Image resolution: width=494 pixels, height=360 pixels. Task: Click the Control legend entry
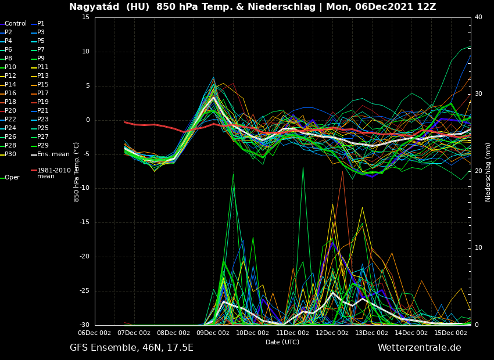16,24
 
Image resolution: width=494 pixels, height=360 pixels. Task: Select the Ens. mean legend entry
53,154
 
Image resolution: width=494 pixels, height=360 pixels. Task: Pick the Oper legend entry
12,178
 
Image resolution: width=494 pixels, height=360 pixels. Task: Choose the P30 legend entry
10,154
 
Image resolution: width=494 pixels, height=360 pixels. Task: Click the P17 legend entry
43,93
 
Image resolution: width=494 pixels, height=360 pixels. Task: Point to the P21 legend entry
43,111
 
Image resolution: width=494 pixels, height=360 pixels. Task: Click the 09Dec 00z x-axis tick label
213,333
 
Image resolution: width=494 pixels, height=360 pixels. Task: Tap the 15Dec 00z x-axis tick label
450,333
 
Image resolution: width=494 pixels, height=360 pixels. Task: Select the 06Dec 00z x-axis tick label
94,333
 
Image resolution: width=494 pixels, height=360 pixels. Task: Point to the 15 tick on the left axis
85,17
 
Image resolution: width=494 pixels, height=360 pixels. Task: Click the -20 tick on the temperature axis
84,257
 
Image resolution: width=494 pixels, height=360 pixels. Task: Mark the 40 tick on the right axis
478,17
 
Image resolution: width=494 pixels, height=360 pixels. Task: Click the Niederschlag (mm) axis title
488,172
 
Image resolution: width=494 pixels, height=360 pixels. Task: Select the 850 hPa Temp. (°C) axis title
76,171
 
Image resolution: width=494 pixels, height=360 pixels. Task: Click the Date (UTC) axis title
282,343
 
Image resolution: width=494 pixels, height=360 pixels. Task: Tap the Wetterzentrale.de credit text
419,348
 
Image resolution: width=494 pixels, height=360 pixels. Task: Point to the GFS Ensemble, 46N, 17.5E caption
131,348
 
